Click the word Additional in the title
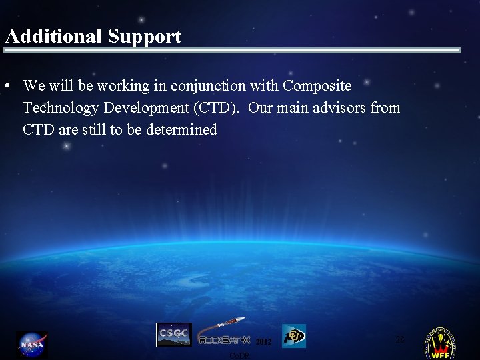(x=51, y=36)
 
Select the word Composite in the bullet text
(x=317, y=86)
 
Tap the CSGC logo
(x=173, y=335)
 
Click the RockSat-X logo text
(x=223, y=340)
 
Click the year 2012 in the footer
(x=264, y=342)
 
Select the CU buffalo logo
(x=293, y=336)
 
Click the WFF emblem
(x=441, y=344)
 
